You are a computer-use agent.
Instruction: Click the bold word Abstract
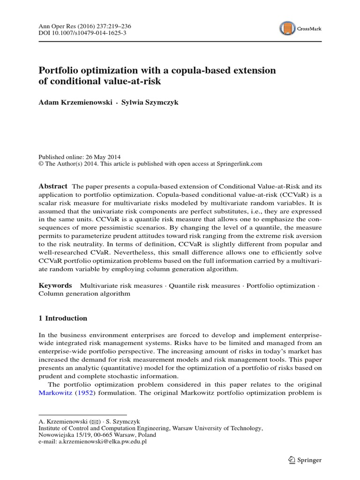point(52,186)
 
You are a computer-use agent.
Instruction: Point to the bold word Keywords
point(55,285)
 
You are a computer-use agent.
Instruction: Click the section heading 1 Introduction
point(63,318)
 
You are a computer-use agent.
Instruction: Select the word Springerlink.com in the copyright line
point(239,164)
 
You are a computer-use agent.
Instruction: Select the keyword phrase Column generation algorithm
point(84,294)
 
